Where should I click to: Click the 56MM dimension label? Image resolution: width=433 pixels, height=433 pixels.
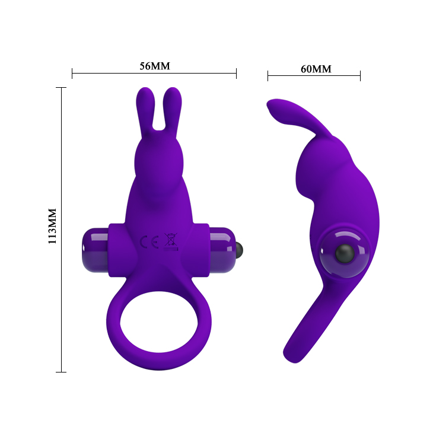[x=154, y=66]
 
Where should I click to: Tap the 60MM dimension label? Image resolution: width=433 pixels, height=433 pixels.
[x=316, y=69]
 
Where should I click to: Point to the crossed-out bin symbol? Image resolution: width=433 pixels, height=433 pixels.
[x=170, y=241]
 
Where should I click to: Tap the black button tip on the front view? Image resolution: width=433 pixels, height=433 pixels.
[x=239, y=247]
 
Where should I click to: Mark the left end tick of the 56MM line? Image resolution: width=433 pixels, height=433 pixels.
[x=72, y=74]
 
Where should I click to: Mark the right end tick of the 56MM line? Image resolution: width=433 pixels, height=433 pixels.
[x=236, y=74]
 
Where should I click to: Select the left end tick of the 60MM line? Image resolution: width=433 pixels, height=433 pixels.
[x=268, y=75]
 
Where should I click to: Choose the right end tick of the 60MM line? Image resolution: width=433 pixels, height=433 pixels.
[x=360, y=75]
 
